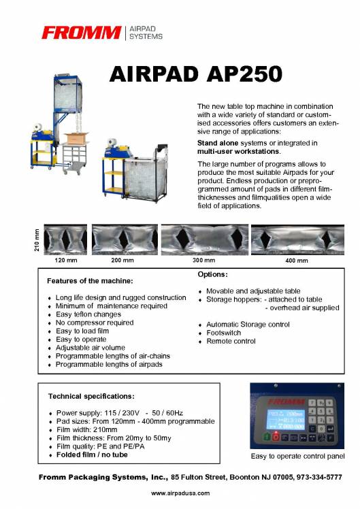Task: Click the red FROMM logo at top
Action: (80, 32)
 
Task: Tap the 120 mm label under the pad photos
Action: (64, 261)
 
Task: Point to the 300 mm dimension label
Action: (203, 261)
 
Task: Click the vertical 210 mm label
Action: (37, 240)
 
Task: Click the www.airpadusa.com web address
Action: (180, 493)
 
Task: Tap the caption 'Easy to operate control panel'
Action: (297, 456)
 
